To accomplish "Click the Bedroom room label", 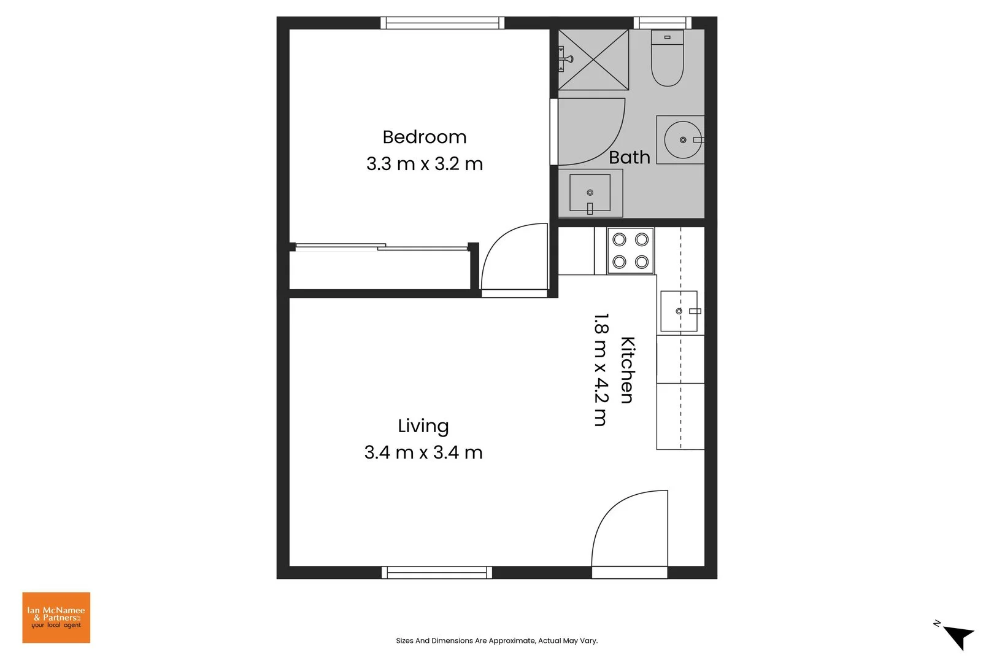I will (424, 137).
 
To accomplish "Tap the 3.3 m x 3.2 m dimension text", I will (424, 164).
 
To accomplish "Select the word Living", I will (423, 425).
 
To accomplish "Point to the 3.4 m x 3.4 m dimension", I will (423, 452).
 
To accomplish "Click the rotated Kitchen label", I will (627, 370).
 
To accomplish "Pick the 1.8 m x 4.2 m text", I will (601, 370).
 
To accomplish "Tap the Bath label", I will (629, 158).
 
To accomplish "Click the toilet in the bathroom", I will (667, 58).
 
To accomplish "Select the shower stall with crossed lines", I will (593, 60).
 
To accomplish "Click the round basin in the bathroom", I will (682, 140).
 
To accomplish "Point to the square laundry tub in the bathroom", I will (590, 193).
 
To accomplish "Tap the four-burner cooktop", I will (631, 250).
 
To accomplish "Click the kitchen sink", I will (679, 311).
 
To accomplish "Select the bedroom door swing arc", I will (514, 258).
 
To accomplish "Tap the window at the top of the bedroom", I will (442, 23).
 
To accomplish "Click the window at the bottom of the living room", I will (437, 572).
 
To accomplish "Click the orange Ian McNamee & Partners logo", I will (56, 618).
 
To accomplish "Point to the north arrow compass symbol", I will (958, 636).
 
